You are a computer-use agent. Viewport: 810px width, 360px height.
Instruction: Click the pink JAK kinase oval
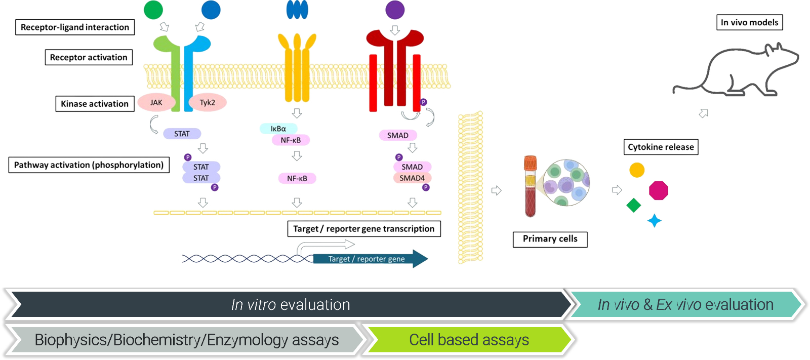pos(156,103)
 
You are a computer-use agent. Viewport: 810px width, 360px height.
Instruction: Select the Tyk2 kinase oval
pos(207,103)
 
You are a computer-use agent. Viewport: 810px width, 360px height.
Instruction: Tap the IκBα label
pos(278,129)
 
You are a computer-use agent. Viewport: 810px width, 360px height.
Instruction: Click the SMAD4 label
pos(412,178)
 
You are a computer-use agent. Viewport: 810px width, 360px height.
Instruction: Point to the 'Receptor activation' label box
pos(89,57)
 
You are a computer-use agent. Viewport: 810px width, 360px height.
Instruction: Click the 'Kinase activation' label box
pos(95,104)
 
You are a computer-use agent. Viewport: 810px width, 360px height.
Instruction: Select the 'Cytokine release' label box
pos(661,147)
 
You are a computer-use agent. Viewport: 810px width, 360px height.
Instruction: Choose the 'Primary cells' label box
pos(550,239)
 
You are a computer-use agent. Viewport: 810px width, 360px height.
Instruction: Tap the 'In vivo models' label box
pos(749,22)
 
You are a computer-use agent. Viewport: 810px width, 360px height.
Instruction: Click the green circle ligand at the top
pos(153,10)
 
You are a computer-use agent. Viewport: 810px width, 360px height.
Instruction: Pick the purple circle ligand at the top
pos(395,10)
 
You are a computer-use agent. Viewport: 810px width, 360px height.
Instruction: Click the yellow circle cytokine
pos(637,170)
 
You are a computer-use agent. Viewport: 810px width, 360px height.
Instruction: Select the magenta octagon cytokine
pos(659,190)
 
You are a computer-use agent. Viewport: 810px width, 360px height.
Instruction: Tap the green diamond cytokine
pos(634,205)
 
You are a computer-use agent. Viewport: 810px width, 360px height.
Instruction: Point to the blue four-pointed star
pos(655,221)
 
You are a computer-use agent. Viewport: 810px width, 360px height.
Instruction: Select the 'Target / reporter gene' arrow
pos(370,259)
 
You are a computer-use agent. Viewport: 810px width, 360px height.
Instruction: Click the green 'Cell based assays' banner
pos(469,340)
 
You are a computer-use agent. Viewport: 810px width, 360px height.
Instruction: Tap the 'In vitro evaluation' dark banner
pos(291,304)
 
